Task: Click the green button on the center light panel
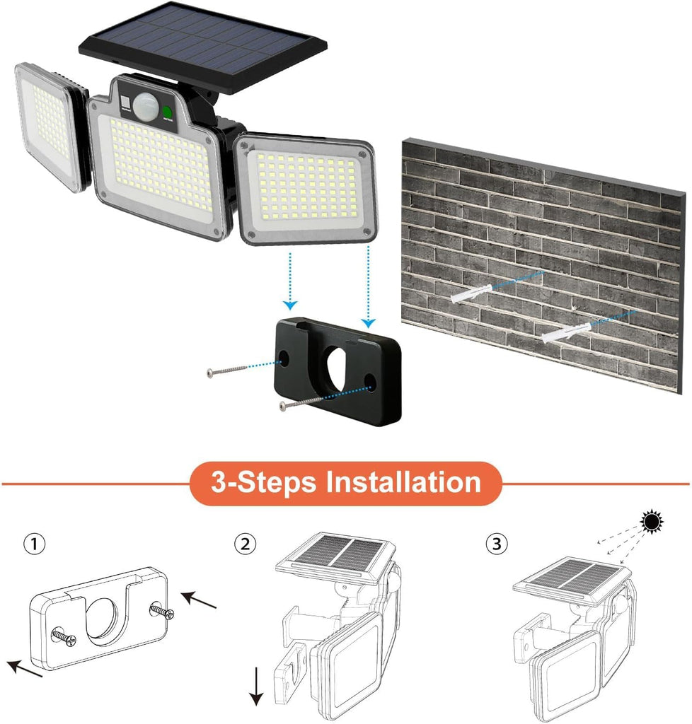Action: tap(167, 112)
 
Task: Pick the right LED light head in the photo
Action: tap(306, 187)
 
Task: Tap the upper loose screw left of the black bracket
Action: tap(227, 370)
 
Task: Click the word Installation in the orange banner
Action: tap(403, 482)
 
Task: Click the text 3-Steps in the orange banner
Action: tap(264, 482)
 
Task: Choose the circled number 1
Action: tap(34, 544)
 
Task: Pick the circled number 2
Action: tap(245, 544)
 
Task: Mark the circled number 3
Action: tap(497, 544)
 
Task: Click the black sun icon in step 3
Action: tap(652, 522)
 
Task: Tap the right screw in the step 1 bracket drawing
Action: tap(162, 611)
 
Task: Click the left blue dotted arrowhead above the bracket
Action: tap(290, 305)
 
